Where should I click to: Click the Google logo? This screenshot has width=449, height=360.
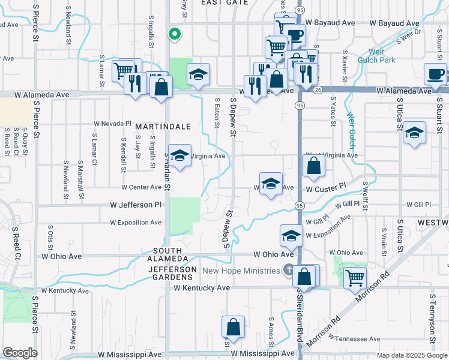pyautogui.click(x=20, y=353)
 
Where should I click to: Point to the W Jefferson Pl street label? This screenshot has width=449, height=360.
pyautogui.click(x=136, y=205)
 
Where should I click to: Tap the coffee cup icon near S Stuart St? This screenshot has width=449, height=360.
pyautogui.click(x=435, y=74)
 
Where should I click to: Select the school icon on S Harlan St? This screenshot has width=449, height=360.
pyautogui.click(x=178, y=155)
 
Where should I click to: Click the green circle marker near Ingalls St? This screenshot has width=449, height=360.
pyautogui.click(x=175, y=34)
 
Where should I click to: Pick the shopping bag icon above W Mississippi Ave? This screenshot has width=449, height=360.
pyautogui.click(x=233, y=327)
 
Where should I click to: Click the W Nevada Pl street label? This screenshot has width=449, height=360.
pyautogui.click(x=112, y=124)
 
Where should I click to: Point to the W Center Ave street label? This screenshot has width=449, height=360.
pyautogui.click(x=139, y=187)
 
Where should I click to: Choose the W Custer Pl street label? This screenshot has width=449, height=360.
pyautogui.click(x=326, y=188)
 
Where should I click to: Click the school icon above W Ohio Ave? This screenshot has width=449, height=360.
pyautogui.click(x=291, y=235)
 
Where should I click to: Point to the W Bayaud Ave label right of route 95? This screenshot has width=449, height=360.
pyautogui.click(x=394, y=23)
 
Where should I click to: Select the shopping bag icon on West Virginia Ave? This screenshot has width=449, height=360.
pyautogui.click(x=314, y=165)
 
